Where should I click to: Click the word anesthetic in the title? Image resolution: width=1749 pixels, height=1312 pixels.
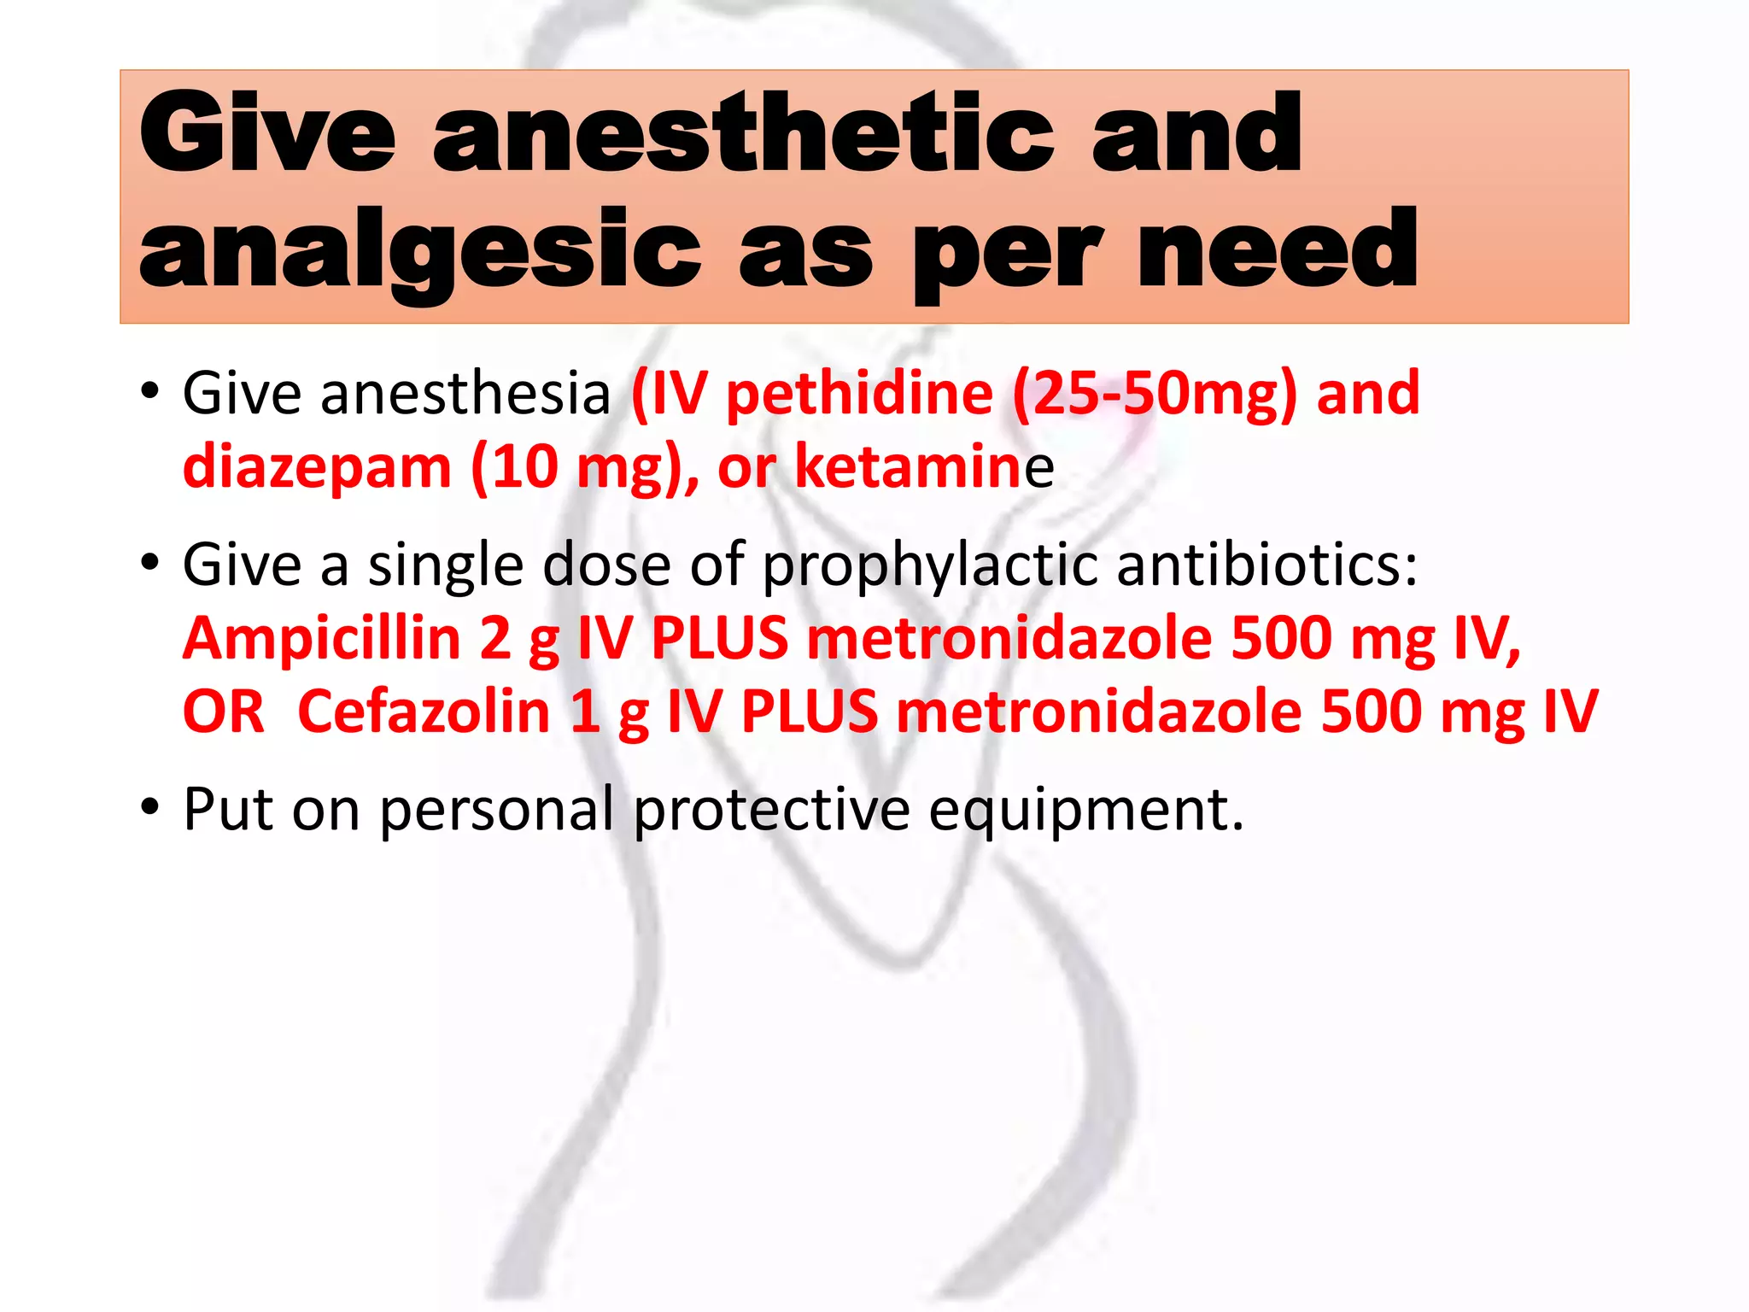[x=743, y=134]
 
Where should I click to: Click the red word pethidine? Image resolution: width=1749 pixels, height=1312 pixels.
[x=859, y=395]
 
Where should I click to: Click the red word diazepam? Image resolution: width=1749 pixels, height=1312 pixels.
[x=317, y=468]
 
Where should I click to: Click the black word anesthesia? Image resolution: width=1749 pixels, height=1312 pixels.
[x=465, y=395]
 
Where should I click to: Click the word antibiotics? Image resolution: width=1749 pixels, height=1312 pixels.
[x=1267, y=565]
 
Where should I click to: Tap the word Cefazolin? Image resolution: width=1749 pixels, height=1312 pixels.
[x=424, y=712]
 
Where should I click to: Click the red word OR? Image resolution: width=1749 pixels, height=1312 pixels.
[x=224, y=712]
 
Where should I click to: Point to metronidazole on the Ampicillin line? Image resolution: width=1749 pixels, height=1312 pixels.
[x=1009, y=639]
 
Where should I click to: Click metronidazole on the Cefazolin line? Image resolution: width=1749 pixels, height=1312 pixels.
[x=1098, y=712]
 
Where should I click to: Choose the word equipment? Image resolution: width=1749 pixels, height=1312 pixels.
[x=1085, y=811]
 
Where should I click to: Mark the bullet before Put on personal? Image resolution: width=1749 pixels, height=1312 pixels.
[x=150, y=806]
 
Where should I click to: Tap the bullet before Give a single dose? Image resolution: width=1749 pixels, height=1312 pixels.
[x=150, y=563]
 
